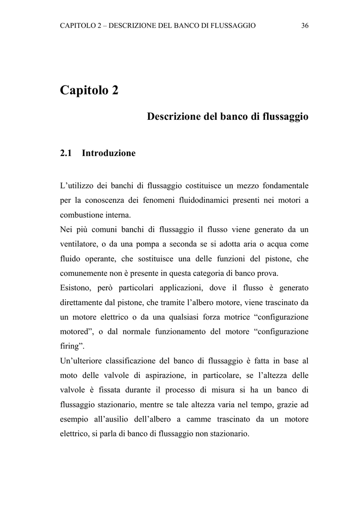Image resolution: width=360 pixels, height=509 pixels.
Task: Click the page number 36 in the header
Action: click(x=305, y=25)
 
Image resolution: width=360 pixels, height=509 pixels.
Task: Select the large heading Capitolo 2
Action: click(x=89, y=91)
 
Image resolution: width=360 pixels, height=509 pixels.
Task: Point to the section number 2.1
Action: click(x=66, y=154)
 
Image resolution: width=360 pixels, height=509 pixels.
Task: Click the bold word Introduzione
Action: click(x=108, y=154)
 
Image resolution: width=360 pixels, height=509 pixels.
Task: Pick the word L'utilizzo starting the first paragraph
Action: click(x=75, y=186)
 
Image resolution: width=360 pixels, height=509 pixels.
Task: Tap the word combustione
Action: click(x=80, y=215)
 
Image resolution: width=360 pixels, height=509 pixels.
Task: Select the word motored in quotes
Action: click(x=75, y=332)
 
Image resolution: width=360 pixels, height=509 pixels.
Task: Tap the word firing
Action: click(x=70, y=346)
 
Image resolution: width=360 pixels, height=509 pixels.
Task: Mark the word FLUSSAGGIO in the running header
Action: click(x=231, y=25)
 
